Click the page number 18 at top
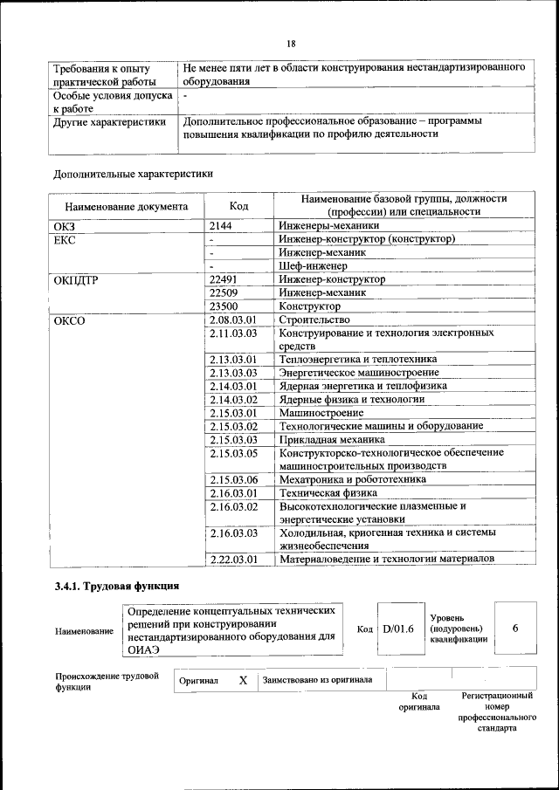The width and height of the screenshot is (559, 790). [292, 44]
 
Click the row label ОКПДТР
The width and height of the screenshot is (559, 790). [77, 279]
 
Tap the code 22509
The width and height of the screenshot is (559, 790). [224, 292]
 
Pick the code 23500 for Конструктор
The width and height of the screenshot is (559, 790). [224, 306]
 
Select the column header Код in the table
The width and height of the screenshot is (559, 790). [238, 206]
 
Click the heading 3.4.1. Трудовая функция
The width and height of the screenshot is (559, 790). [117, 586]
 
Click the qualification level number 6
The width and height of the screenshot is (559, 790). [515, 628]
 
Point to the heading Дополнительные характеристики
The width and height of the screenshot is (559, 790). [133, 174]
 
